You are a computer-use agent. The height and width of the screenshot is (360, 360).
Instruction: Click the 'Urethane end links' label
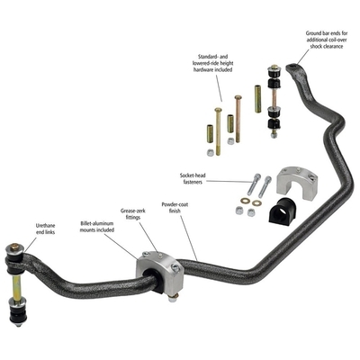(45, 229)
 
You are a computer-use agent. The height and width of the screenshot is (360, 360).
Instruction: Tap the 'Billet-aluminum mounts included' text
(97, 227)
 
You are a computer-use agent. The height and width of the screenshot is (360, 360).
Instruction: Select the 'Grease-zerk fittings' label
(133, 214)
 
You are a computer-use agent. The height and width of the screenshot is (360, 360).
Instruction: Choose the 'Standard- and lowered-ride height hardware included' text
(212, 63)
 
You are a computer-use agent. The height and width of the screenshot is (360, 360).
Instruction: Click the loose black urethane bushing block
(282, 211)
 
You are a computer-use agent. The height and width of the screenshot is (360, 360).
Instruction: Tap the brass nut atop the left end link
(13, 247)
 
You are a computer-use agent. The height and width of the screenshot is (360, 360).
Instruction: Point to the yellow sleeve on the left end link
(16, 286)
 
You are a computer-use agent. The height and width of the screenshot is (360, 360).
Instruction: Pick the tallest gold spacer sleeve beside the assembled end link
(257, 99)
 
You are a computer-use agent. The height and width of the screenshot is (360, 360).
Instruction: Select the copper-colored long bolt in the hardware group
(238, 119)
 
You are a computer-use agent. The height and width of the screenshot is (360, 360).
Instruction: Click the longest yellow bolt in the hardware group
(218, 131)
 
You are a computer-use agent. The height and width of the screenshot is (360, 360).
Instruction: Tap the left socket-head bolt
(254, 184)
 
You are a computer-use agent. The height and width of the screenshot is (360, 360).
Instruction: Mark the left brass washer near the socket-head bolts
(244, 201)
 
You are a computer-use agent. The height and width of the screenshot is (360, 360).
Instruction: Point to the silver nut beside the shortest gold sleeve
(230, 140)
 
